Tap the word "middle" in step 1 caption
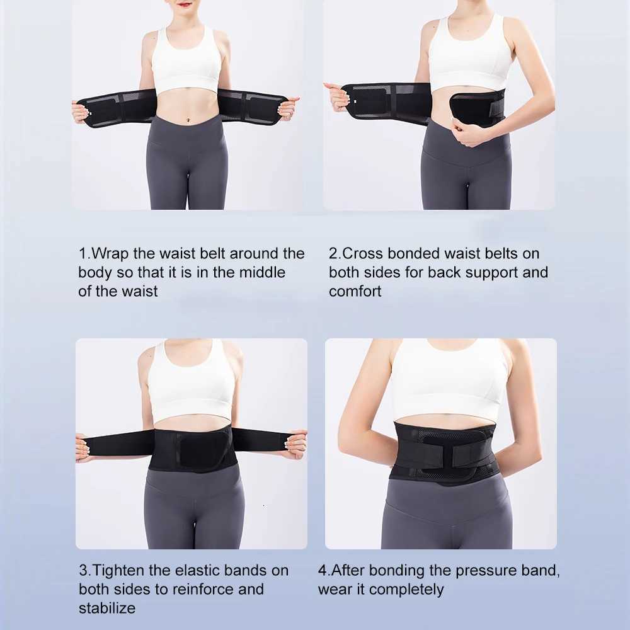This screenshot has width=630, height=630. click(x=262, y=272)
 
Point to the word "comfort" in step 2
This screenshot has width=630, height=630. click(x=355, y=291)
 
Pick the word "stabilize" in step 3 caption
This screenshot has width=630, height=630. click(x=107, y=609)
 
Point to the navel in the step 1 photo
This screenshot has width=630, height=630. click(x=188, y=119)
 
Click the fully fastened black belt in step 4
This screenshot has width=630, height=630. click(x=444, y=451)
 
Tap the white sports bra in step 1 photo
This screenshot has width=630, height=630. click(x=186, y=60)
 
